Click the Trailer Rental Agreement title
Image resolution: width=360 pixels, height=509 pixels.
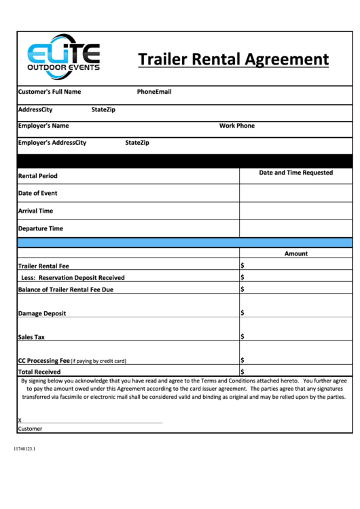233,59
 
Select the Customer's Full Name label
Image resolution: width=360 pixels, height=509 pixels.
50,92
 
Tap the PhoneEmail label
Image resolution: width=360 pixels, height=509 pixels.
154,92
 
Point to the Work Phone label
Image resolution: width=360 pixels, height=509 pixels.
236,126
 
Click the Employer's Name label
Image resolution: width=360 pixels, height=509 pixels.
43,126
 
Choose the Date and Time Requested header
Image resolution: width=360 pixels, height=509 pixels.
295,173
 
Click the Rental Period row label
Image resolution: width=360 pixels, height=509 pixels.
38,176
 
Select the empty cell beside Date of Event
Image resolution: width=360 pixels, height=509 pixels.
295,193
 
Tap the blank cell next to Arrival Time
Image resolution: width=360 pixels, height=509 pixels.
295,211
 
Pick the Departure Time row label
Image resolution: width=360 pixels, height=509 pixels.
41,228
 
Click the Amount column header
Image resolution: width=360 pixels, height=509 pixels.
295,253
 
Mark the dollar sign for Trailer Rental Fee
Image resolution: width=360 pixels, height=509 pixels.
242,266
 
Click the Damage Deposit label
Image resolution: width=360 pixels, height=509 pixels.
42,313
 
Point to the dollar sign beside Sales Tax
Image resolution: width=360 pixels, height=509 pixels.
242,336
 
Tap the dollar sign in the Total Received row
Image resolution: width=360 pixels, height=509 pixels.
242,372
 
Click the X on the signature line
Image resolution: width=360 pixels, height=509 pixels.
20,420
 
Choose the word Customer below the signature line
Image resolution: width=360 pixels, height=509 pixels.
30,429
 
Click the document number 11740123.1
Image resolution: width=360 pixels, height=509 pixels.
24,449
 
